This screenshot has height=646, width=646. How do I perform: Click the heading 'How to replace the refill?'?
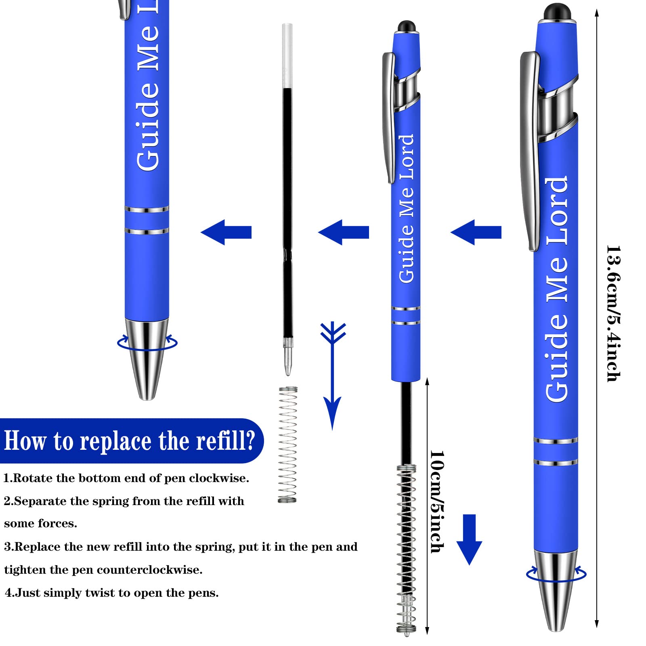pos(130,440)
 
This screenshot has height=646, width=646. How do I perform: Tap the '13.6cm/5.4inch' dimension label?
pos(613,313)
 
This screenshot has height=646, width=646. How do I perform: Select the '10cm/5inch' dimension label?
pos(437,502)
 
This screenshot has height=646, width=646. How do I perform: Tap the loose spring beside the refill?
pos(287,445)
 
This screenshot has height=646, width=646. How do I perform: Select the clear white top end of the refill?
pos(287,56)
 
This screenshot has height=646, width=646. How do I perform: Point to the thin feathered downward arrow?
pos(332,375)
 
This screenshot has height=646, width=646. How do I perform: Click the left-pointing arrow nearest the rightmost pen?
pos(476,232)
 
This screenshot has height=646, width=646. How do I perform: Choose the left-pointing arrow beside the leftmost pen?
pos(226,232)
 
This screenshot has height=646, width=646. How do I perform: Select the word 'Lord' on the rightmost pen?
pos(557,211)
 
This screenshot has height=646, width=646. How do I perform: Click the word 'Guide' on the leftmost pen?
pos(148,126)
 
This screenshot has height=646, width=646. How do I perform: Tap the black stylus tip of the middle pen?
pos(407,26)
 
